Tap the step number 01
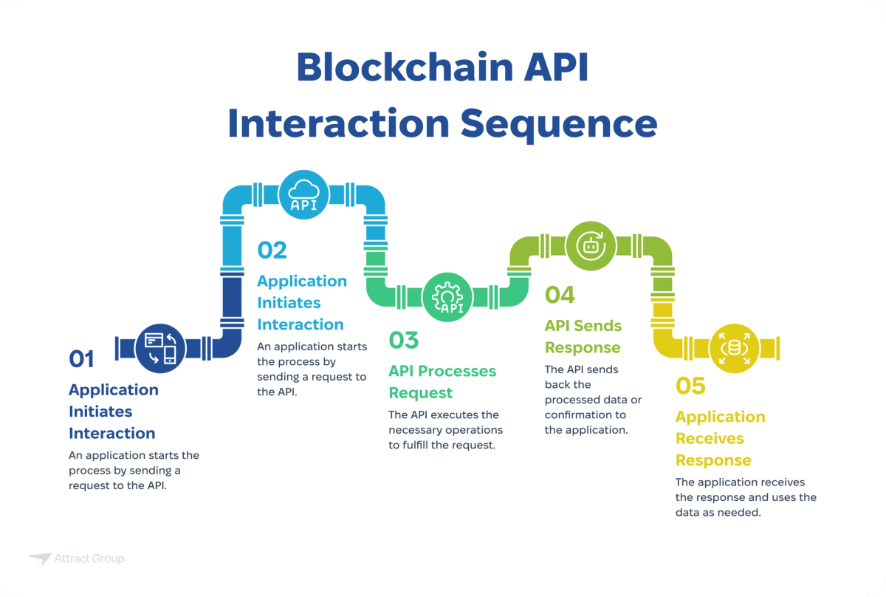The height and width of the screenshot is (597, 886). pyautogui.click(x=82, y=359)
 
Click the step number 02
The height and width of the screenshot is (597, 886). pyautogui.click(x=272, y=250)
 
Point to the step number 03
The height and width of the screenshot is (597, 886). pyautogui.click(x=404, y=341)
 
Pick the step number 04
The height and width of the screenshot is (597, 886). pyautogui.click(x=560, y=295)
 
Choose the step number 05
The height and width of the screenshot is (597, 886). pyautogui.click(x=690, y=386)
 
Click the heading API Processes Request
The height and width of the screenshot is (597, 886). pyautogui.click(x=443, y=381)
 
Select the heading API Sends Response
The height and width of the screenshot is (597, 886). pyautogui.click(x=583, y=336)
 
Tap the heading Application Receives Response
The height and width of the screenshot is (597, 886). pyautogui.click(x=720, y=438)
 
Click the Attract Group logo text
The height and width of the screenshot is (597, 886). pyautogui.click(x=89, y=559)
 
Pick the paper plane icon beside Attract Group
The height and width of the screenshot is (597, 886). pyautogui.click(x=40, y=559)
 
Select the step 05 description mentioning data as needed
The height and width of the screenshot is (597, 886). pyautogui.click(x=746, y=497)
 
